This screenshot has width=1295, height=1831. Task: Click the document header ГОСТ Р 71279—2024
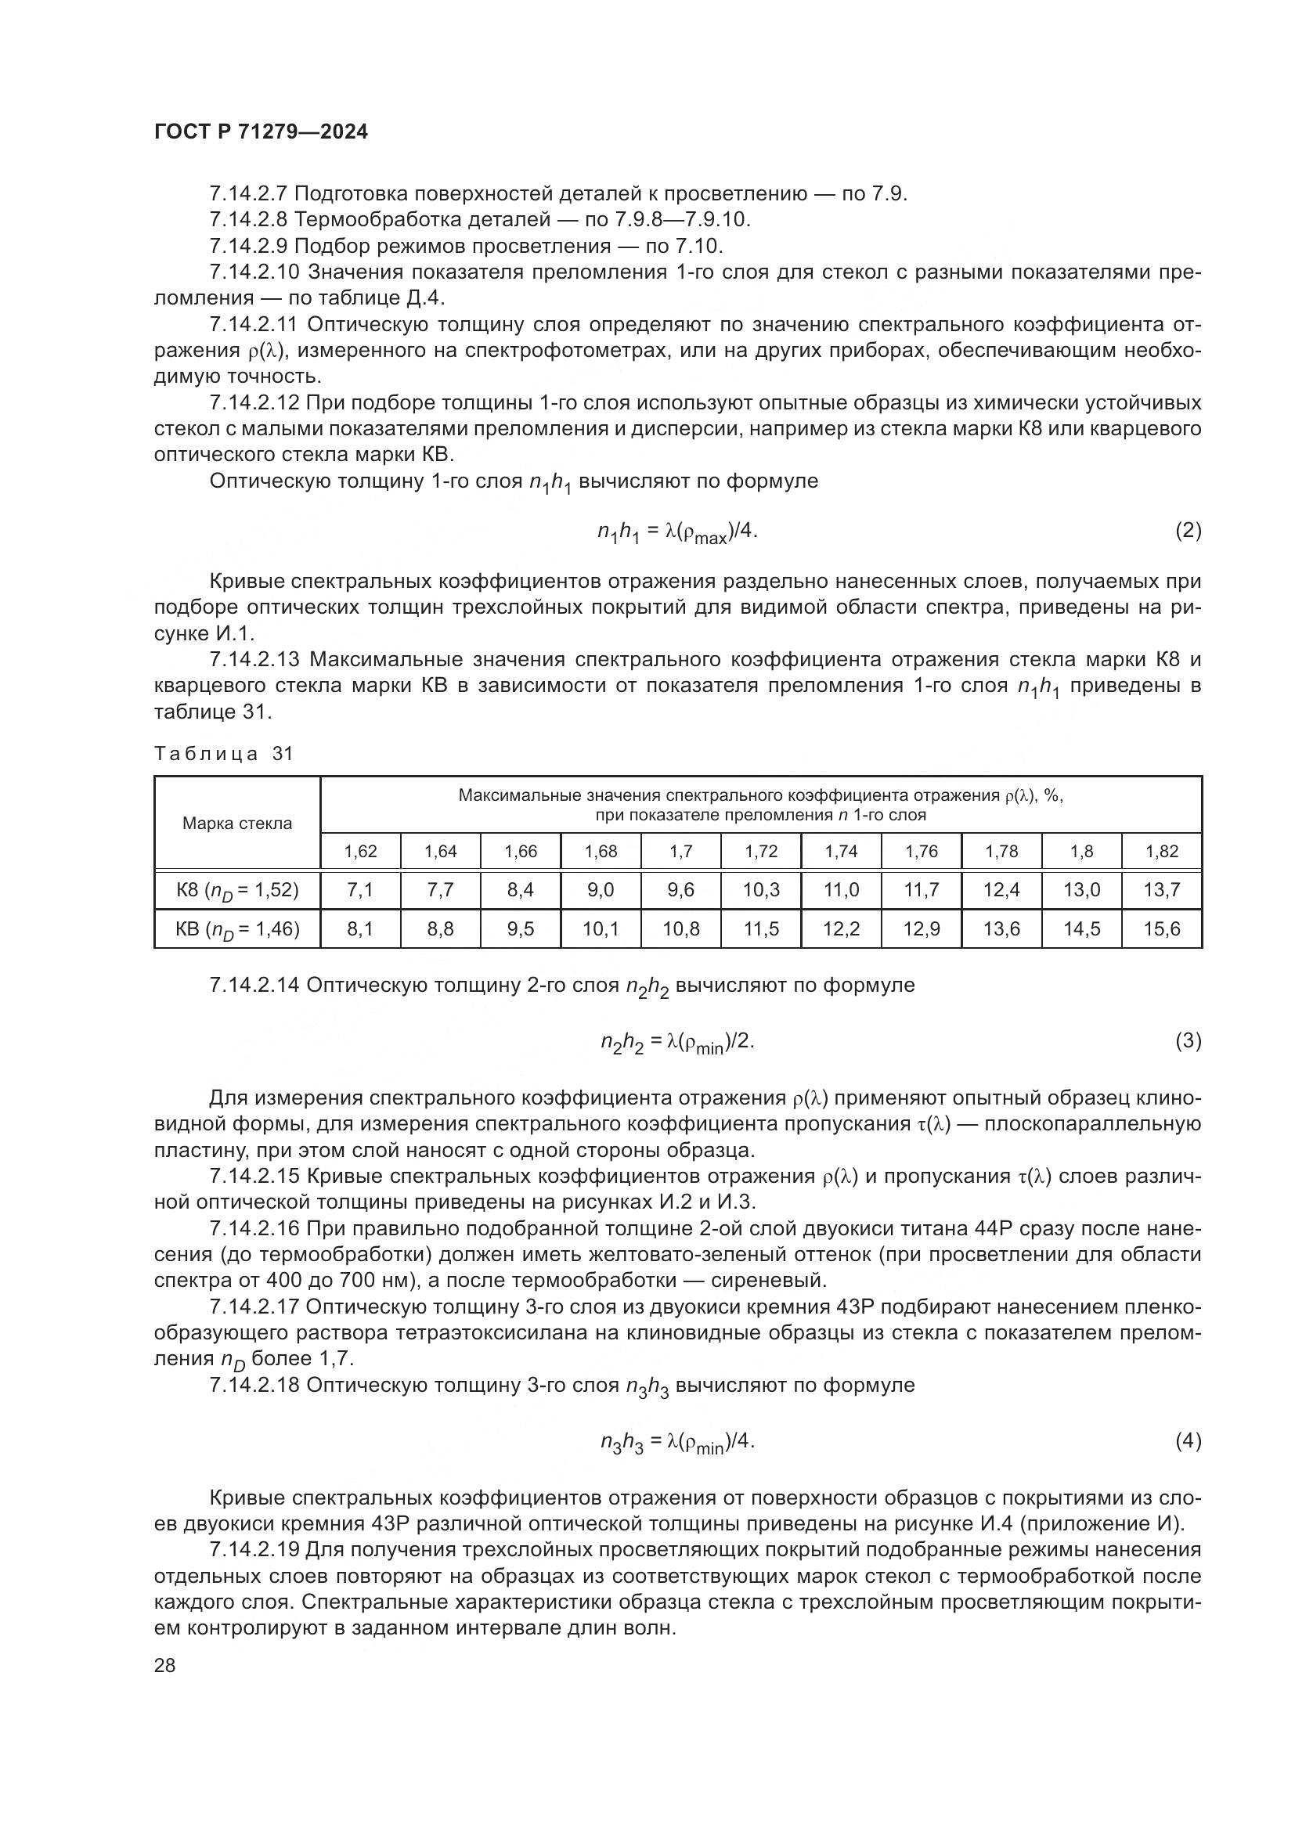pyautogui.click(x=261, y=132)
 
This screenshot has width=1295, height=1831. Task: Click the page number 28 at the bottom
pyautogui.click(x=164, y=1664)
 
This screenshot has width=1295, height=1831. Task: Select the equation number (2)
pyautogui.click(x=1189, y=530)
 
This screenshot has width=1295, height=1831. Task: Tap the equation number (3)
pyautogui.click(x=1189, y=1040)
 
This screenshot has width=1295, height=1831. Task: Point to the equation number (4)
pyautogui.click(x=1189, y=1440)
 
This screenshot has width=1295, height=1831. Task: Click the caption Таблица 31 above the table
pyautogui.click(x=224, y=754)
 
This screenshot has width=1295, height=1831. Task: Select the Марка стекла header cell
pyautogui.click(x=236, y=823)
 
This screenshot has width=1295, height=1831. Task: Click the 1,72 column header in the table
pyautogui.click(x=761, y=851)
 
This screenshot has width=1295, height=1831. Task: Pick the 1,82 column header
pyautogui.click(x=1162, y=851)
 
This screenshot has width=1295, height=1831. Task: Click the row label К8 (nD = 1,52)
pyautogui.click(x=236, y=890)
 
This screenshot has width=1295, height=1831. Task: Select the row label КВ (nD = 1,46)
pyautogui.click(x=236, y=929)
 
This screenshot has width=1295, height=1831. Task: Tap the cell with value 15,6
pyautogui.click(x=1162, y=929)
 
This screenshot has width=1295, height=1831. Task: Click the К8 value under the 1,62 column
pyautogui.click(x=360, y=890)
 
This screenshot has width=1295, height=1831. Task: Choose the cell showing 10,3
pyautogui.click(x=761, y=890)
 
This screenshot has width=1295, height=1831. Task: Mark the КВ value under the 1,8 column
pyautogui.click(x=1081, y=929)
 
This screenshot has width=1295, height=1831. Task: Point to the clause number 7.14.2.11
pyautogui.click(x=254, y=325)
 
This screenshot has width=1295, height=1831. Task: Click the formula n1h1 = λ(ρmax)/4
pyautogui.click(x=677, y=532)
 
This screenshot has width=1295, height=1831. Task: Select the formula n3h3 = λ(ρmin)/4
pyautogui.click(x=677, y=1442)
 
